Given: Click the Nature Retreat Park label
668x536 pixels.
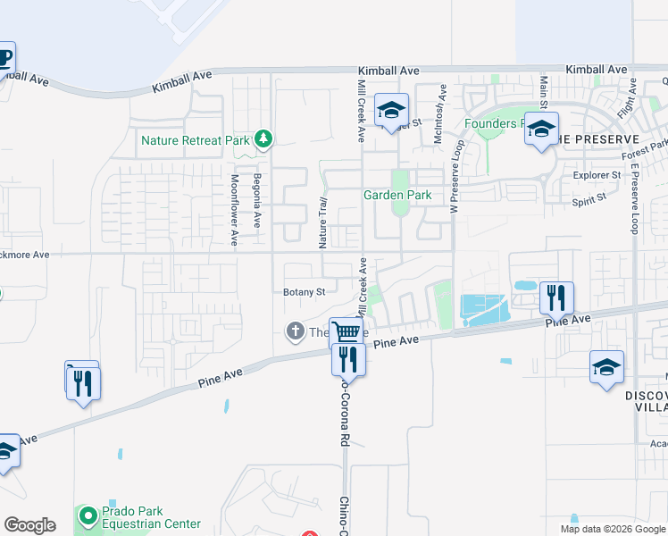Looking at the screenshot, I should coord(196,140).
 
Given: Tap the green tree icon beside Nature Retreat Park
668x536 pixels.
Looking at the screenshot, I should coord(263,138).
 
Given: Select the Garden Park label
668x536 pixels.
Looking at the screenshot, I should coord(397,195).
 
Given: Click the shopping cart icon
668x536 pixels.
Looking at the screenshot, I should coord(347,332).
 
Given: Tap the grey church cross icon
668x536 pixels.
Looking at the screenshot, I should coord(295,332).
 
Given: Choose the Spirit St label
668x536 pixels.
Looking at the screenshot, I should coord(589,201).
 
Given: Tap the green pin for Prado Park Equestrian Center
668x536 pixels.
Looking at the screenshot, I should coord(88,515).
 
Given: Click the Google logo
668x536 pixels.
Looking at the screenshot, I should coord(29,525).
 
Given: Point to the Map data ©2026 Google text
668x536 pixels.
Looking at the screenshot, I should coord(612,529).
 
